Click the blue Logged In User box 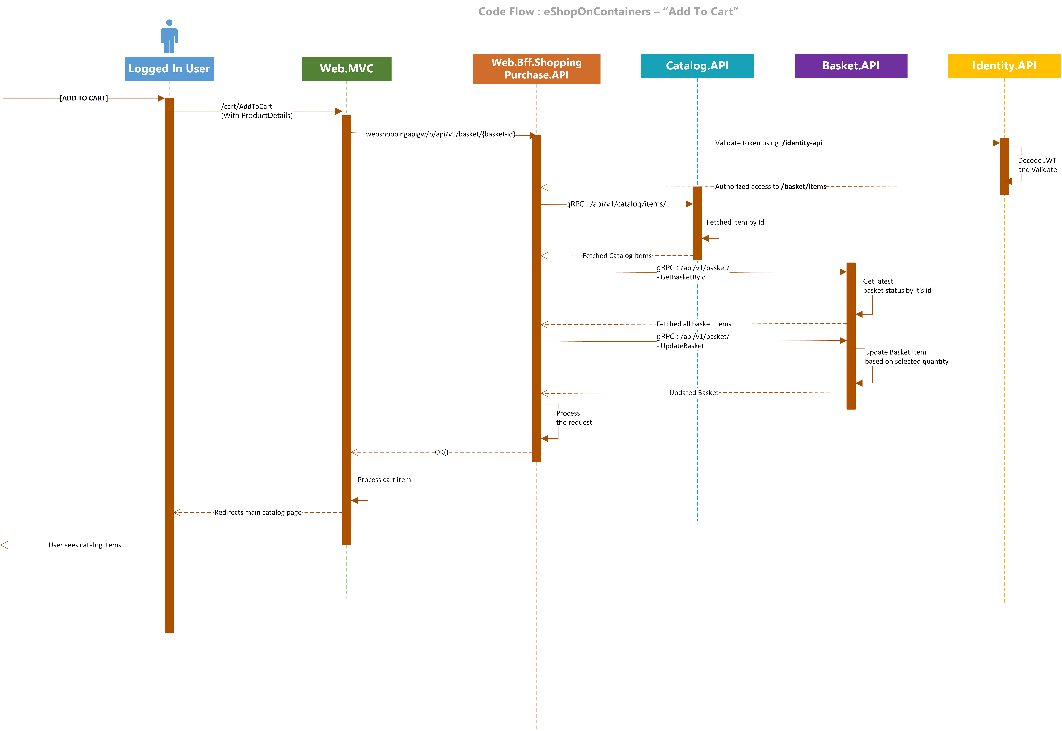(x=169, y=69)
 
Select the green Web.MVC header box (x=347, y=69)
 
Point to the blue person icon (x=169, y=36)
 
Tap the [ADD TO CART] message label (x=84, y=98)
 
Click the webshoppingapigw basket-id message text (x=441, y=134)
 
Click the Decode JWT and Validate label (x=1037, y=165)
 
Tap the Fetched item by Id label (x=735, y=222)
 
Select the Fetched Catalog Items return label (x=617, y=256)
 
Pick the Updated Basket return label (x=694, y=393)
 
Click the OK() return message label (x=442, y=452)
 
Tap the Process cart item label (x=384, y=480)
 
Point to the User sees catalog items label (x=85, y=545)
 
